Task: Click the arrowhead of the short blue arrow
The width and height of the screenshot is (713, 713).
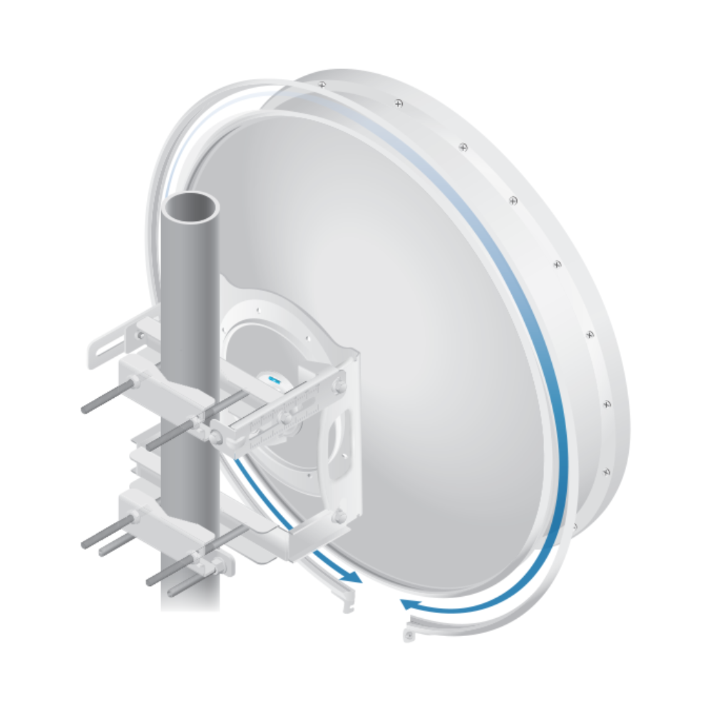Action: (x=352, y=578)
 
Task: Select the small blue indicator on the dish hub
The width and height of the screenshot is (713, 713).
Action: (x=273, y=380)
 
